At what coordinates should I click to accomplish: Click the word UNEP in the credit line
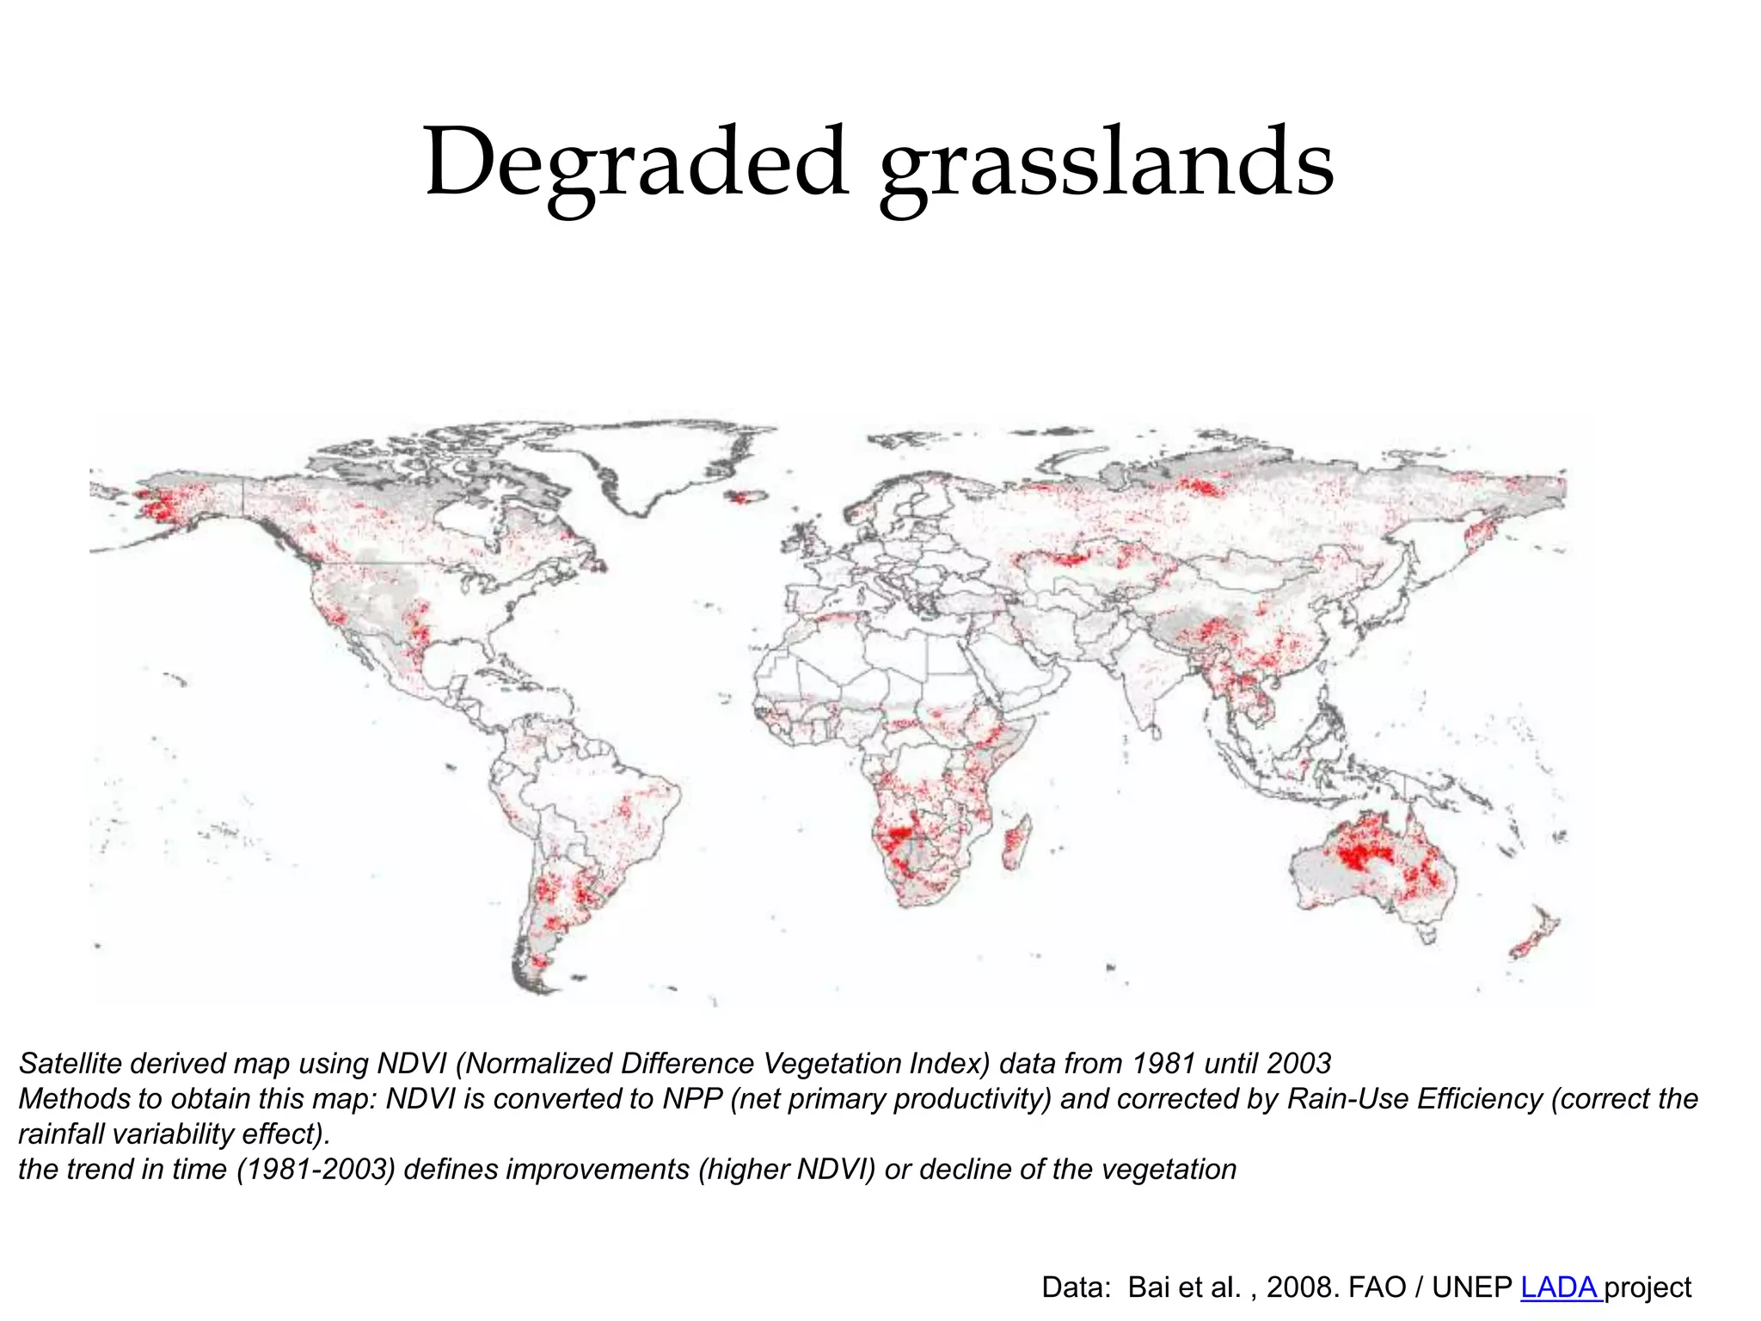(1471, 1287)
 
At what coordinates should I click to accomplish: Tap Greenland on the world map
(653, 460)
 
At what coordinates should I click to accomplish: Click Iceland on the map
(745, 497)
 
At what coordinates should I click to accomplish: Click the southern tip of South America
(537, 980)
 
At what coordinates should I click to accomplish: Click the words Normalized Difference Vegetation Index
(722, 1064)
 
